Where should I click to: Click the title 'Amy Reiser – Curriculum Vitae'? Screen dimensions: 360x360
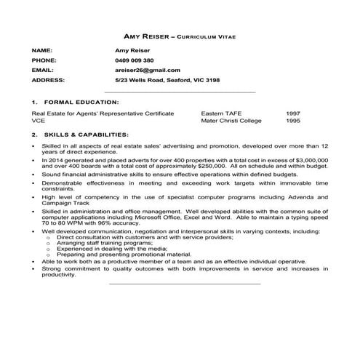click(180, 35)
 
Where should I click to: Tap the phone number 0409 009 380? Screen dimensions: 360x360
click(135, 60)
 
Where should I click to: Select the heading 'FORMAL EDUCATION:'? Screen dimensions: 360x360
click(81, 103)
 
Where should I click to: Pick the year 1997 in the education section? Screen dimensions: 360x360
click(294, 114)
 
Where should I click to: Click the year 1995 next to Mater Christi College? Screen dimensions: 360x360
click(294, 121)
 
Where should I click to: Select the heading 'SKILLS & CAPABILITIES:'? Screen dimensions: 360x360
click(87, 135)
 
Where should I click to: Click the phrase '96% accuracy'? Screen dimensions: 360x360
click(119, 223)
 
